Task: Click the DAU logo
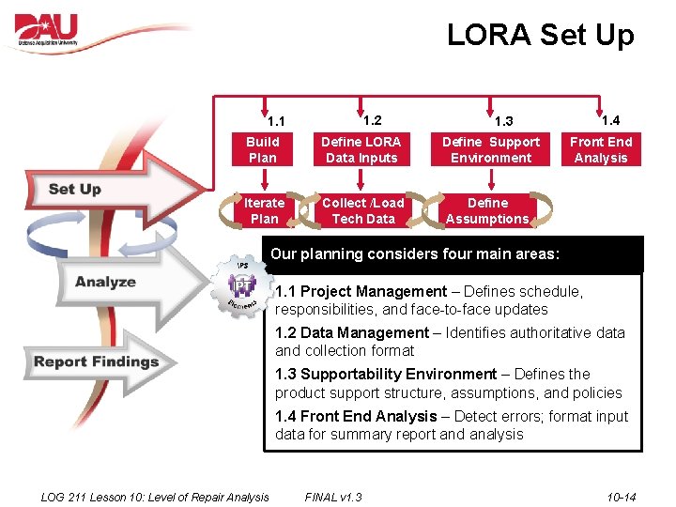(x=47, y=32)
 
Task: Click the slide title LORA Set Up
(x=540, y=36)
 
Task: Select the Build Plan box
(x=263, y=150)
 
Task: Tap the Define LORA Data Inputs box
(x=361, y=150)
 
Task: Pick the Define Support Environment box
(x=491, y=150)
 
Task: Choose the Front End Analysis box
(x=601, y=150)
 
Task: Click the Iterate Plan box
(x=264, y=211)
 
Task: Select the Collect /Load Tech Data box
(x=362, y=211)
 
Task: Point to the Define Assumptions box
(x=487, y=211)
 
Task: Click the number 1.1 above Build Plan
(x=276, y=121)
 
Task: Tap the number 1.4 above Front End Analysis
(x=610, y=120)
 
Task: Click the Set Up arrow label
(x=75, y=189)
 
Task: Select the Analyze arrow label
(x=105, y=282)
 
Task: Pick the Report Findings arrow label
(x=97, y=362)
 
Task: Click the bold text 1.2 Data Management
(x=352, y=332)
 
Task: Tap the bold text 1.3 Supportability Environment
(x=386, y=374)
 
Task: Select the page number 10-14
(x=622, y=497)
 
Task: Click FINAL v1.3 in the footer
(x=333, y=497)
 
